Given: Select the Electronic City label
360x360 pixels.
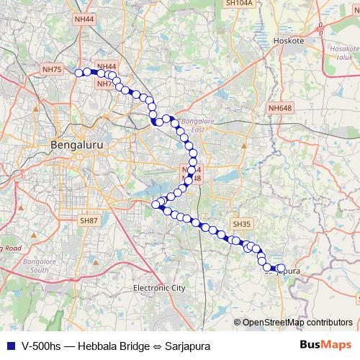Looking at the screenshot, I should (x=159, y=287).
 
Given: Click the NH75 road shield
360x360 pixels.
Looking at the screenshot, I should (x=53, y=70).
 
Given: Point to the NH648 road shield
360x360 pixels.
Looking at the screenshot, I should (x=280, y=108).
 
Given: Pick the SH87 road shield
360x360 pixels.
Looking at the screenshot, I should (x=89, y=220).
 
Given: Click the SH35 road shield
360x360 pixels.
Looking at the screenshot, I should (x=240, y=225).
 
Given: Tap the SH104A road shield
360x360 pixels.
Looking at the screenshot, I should (x=238, y=4).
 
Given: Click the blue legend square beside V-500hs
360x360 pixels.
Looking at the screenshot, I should (x=10, y=346).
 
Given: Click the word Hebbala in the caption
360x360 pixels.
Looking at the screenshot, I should (x=97, y=346).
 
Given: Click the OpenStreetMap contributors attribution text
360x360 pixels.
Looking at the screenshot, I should (x=297, y=323).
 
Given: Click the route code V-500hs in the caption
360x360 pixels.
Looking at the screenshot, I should (x=42, y=346).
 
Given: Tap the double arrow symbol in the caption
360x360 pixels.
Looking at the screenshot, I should (x=156, y=346).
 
